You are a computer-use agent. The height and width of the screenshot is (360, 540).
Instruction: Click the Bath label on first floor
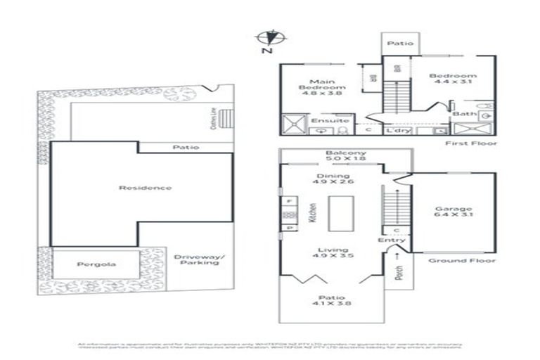(x=461, y=113)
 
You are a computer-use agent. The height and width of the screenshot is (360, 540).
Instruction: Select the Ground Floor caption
(x=462, y=261)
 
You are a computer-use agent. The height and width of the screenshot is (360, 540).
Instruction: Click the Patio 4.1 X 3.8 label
(x=333, y=300)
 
